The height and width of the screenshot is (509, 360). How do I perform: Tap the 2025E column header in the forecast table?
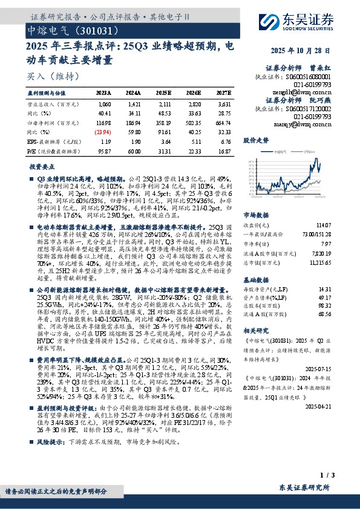point(164,92)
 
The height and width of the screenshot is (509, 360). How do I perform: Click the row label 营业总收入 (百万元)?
point(47,104)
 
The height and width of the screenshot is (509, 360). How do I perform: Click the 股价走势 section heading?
point(255,140)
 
